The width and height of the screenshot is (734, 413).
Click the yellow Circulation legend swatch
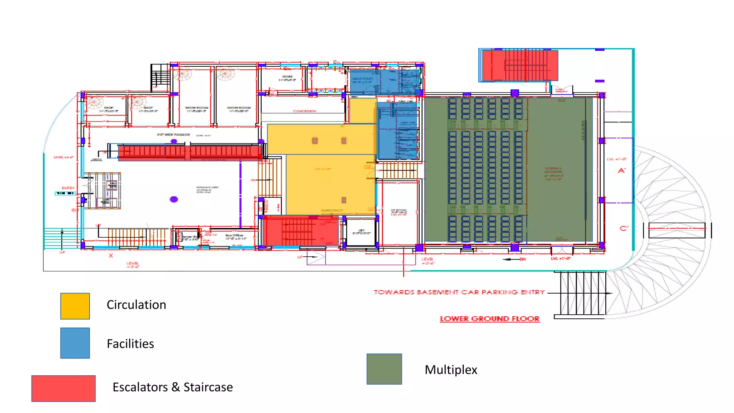tap(75, 306)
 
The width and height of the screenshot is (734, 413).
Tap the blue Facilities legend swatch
tap(75, 343)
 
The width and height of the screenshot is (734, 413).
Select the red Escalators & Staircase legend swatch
tap(63, 389)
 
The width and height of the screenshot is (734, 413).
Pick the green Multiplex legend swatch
tap(384, 369)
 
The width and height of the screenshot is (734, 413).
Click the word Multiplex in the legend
tap(451, 370)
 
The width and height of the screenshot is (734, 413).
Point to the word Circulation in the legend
tap(136, 305)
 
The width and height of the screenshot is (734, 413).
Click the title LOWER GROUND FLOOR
tap(490, 319)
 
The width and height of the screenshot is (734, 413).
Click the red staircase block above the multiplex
tap(520, 65)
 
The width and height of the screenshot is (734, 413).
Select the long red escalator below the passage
tap(190, 152)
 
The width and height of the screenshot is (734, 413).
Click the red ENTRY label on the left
tap(68, 188)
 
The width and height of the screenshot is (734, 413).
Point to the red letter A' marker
tap(622, 171)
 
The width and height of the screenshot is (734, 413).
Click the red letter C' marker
tap(624, 228)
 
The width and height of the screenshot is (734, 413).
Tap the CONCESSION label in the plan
tap(304, 111)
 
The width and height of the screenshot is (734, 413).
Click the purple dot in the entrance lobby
tap(174, 199)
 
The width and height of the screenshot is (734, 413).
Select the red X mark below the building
tap(111, 256)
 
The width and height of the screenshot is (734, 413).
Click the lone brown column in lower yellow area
tap(344, 200)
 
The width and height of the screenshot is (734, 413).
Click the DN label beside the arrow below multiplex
tap(523, 259)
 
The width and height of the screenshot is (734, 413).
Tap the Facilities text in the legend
tap(130, 344)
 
